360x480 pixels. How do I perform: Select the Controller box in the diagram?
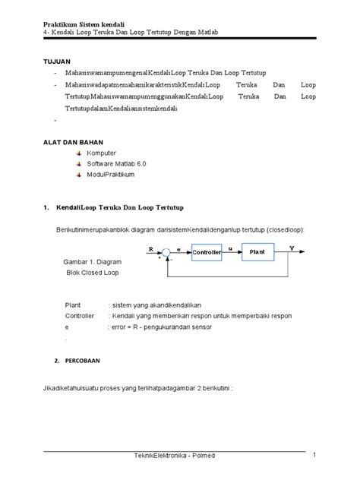point(207,251)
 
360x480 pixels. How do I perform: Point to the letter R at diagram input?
point(150,248)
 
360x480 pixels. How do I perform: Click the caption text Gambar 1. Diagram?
point(90,261)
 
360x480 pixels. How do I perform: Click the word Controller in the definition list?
point(80,315)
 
